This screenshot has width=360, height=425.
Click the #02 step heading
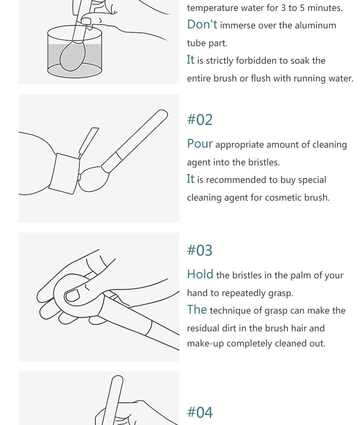tap(200, 119)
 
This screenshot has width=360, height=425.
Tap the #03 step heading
tap(200, 250)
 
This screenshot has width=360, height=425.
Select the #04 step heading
tap(200, 412)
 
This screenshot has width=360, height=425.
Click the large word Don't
tap(202, 24)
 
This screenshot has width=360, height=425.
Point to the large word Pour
tap(200, 143)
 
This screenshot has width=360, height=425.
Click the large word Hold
tap(200, 274)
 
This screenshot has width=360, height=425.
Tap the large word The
tap(197, 309)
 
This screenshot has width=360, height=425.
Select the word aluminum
tap(315, 25)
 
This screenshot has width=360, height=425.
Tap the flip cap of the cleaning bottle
tap(88, 142)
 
